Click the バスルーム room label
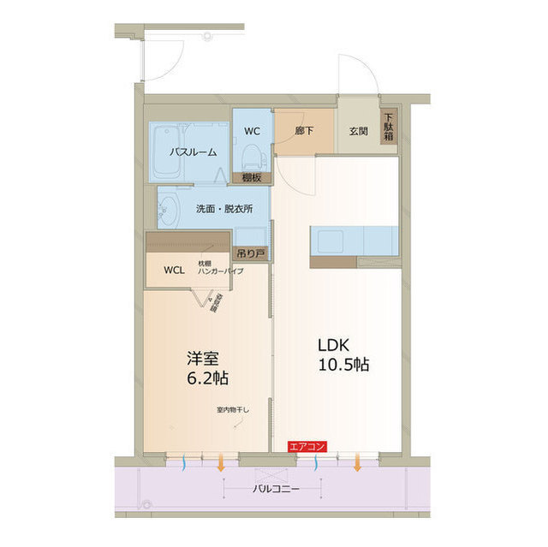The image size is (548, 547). click(193, 152)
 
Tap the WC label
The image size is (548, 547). click(252, 131)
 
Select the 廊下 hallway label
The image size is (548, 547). click(305, 132)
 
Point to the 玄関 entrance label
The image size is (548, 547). click(359, 132)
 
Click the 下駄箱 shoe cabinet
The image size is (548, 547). click(389, 127)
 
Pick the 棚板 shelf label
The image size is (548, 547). click(252, 177)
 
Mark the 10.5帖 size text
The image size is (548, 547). click(342, 366)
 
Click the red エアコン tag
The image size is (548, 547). click(307, 446)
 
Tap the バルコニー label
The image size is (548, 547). click(276, 490)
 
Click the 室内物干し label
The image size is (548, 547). click(232, 410)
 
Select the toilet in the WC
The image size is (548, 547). click(252, 155)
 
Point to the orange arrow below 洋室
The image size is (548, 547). click(221, 463)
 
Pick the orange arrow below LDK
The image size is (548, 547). click(357, 463)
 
